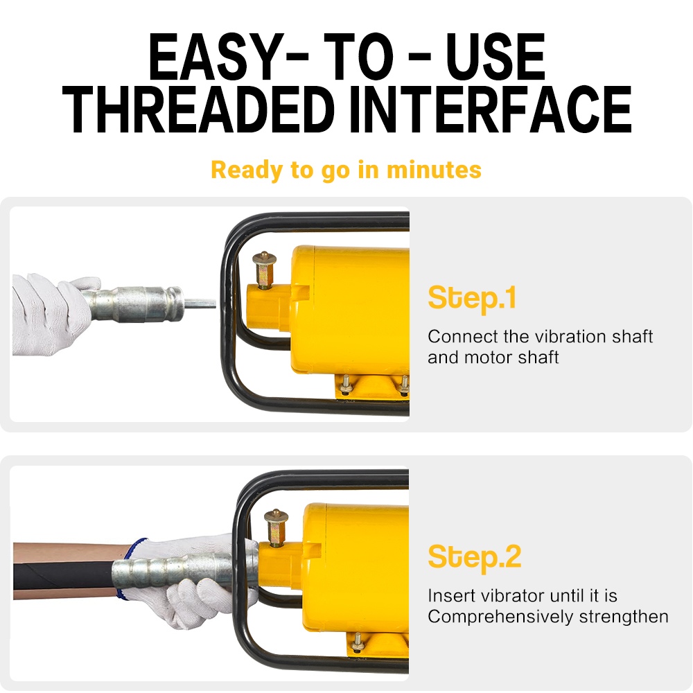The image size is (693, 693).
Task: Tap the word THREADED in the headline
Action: tap(198, 109)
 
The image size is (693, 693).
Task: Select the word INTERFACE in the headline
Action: tap(491, 109)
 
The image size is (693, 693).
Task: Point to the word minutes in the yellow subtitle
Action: tap(434, 170)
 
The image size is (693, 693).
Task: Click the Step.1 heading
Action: tap(472, 299)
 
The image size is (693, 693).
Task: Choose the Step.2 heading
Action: tap(475, 558)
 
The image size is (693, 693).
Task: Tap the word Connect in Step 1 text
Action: tap(463, 337)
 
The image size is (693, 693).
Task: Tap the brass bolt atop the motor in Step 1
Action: tap(264, 270)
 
